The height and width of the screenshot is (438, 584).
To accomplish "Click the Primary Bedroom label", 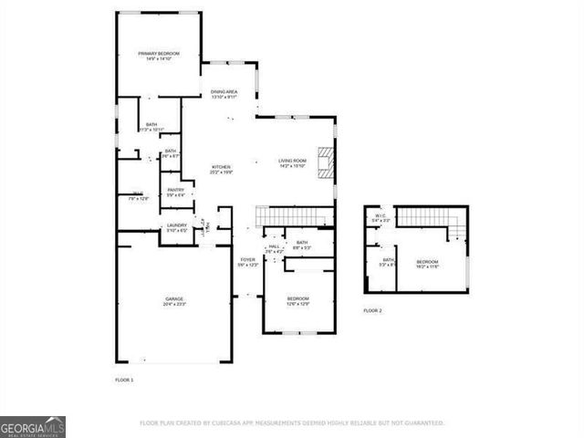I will tap(159, 54).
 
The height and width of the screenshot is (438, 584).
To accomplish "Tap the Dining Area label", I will tap(224, 92).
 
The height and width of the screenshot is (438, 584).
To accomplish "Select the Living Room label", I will tap(295, 162).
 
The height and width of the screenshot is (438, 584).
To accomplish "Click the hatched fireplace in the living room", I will tap(326, 162).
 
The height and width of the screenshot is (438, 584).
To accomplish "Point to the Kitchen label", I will tap(221, 167).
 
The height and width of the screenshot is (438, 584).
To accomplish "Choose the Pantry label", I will tap(175, 190).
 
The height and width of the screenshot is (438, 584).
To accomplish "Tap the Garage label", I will tap(174, 299).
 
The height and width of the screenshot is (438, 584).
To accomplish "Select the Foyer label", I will tap(247, 260).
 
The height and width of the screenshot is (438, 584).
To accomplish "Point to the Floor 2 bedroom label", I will tap(428, 261).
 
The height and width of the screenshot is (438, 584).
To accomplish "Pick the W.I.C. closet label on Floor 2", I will tap(381, 216).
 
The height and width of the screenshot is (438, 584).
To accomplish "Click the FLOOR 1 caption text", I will tap(124, 379).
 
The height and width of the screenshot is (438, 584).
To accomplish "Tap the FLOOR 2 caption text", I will tap(372, 311).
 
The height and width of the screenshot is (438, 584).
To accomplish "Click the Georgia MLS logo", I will tap(33, 427).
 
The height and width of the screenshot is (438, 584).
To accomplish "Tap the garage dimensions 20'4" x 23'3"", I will tap(174, 304).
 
